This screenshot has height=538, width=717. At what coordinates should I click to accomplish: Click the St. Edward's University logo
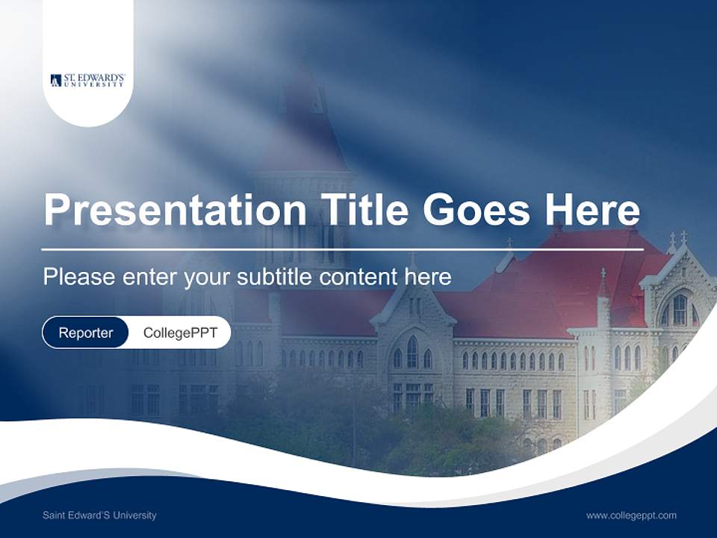pyautogui.click(x=87, y=80)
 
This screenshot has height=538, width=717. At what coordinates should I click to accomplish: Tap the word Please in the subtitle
pyautogui.click(x=78, y=277)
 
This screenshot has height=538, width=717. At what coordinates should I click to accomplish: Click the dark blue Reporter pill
pyautogui.click(x=86, y=333)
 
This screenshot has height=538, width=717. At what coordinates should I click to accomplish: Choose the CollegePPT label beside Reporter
pyautogui.click(x=180, y=333)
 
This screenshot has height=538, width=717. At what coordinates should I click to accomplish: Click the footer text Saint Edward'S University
pyautogui.click(x=99, y=516)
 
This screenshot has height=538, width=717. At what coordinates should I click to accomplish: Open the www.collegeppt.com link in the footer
pyautogui.click(x=631, y=516)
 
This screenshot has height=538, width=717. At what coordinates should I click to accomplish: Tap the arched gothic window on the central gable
pyautogui.click(x=412, y=351)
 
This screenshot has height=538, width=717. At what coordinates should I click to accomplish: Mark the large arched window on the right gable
pyautogui.click(x=679, y=309)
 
